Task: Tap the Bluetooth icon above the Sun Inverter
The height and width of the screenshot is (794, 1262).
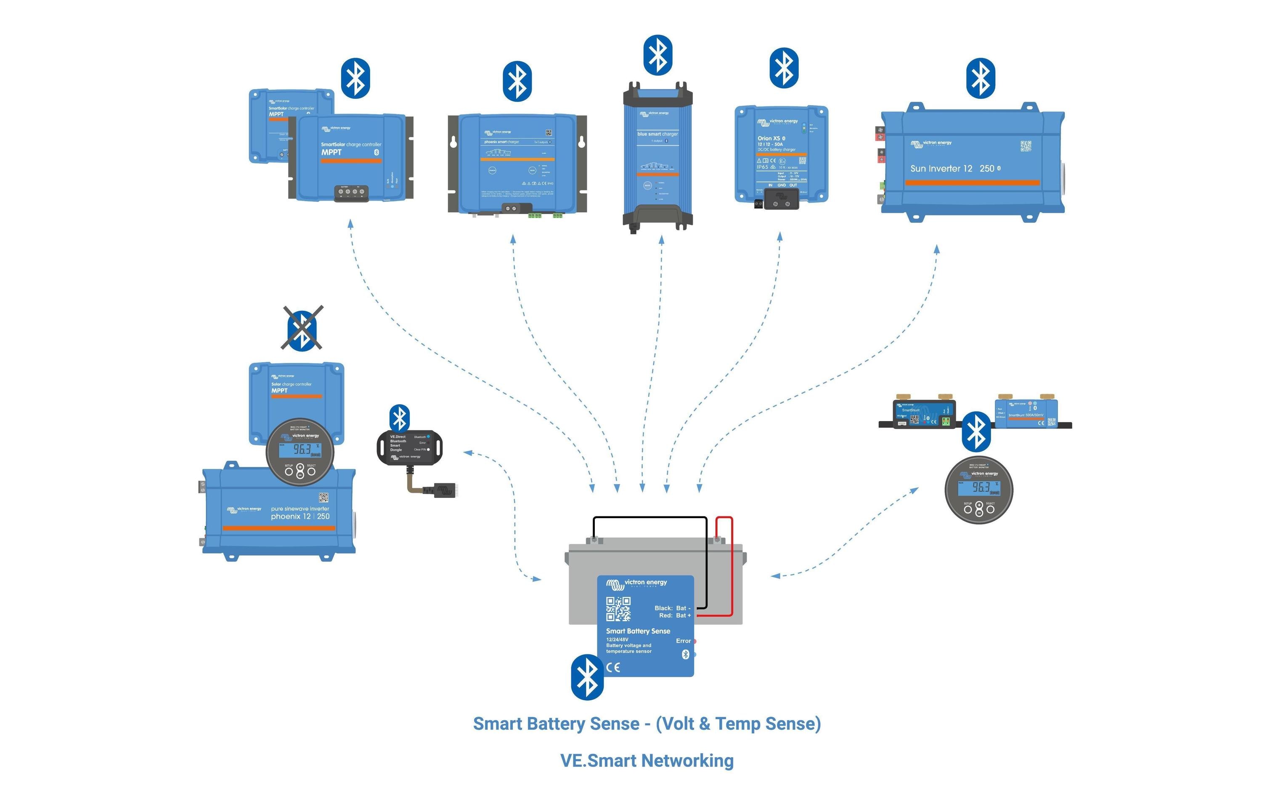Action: [x=980, y=78]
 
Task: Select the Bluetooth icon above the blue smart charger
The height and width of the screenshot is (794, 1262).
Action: [x=658, y=55]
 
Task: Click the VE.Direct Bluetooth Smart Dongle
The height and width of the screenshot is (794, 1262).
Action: [x=409, y=447]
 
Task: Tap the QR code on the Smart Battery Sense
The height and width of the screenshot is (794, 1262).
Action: [x=618, y=609]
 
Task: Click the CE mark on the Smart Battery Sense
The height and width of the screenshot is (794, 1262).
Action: [x=613, y=667]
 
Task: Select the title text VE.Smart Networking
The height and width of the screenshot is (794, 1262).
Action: [x=647, y=760]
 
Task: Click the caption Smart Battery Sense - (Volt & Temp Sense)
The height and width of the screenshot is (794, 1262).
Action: [x=647, y=724]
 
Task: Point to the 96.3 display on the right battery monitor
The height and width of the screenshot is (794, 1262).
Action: [x=981, y=487]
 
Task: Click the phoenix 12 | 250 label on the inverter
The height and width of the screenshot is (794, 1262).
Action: [x=300, y=516]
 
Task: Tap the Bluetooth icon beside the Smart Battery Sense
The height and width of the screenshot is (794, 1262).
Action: [x=587, y=677]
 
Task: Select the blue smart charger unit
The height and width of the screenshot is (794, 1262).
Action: [x=658, y=157]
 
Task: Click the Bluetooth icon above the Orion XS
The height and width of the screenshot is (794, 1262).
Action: [x=784, y=68]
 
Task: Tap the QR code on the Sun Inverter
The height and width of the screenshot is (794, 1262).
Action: [x=1026, y=146]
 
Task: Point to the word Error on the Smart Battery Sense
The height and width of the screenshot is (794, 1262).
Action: [x=683, y=641]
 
